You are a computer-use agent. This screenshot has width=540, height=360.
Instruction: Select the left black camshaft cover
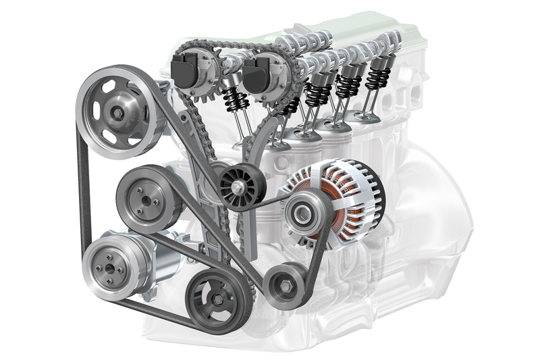point(186,70)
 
